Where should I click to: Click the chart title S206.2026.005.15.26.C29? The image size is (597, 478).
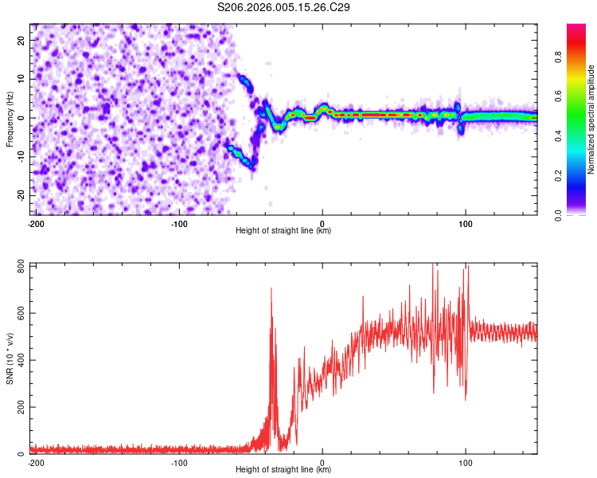tap(284, 8)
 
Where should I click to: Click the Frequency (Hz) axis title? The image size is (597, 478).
tap(10, 119)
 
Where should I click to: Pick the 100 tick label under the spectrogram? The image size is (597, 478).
tap(466, 223)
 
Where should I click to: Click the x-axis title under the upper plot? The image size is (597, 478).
tap(283, 231)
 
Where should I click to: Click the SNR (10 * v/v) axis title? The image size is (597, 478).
tap(10, 358)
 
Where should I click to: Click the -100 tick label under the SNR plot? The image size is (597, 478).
tap(178, 462)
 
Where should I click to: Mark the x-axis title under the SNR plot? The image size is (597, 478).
tap(283, 470)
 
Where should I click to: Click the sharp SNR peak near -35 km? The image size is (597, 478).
tap(271, 289)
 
